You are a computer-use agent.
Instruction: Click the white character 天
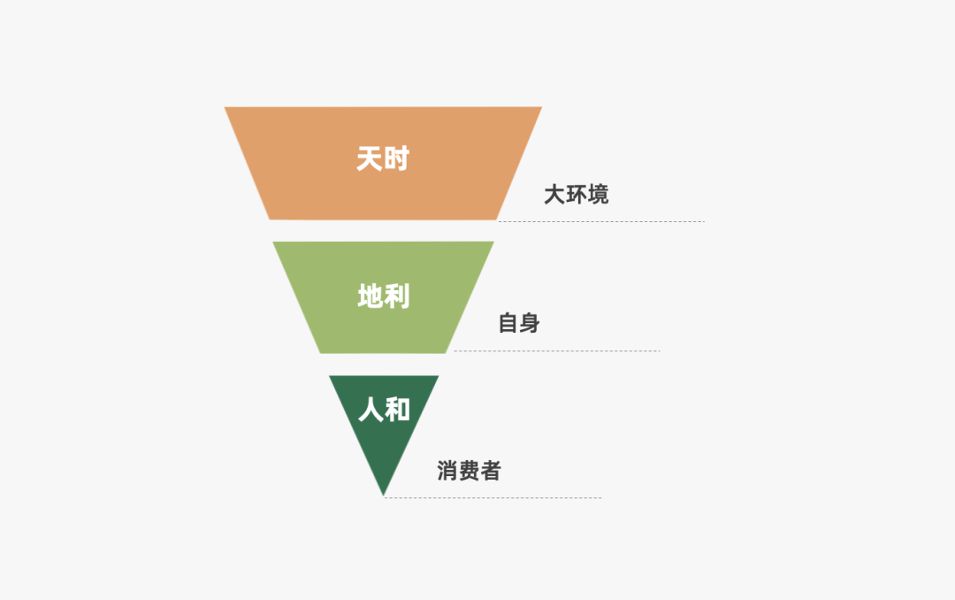(369, 159)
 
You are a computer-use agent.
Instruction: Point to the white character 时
(397, 159)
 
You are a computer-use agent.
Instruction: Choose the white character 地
(370, 296)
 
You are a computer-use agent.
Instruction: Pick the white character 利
(397, 296)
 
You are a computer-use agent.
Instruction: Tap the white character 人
(371, 410)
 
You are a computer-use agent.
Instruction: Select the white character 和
(398, 410)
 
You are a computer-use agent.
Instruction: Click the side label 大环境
(576, 195)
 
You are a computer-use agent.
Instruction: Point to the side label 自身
(519, 324)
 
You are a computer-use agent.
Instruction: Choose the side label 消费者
(469, 471)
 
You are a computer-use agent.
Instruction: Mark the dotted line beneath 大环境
(601, 221)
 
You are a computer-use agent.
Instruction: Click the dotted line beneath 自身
(557, 351)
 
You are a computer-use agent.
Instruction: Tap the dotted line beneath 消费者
(493, 497)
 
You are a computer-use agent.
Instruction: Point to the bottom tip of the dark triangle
(384, 493)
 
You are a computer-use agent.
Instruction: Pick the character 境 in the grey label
(598, 195)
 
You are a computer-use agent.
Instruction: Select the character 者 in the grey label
(490, 471)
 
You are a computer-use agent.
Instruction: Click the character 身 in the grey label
(530, 324)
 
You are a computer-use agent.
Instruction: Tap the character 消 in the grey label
(447, 471)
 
